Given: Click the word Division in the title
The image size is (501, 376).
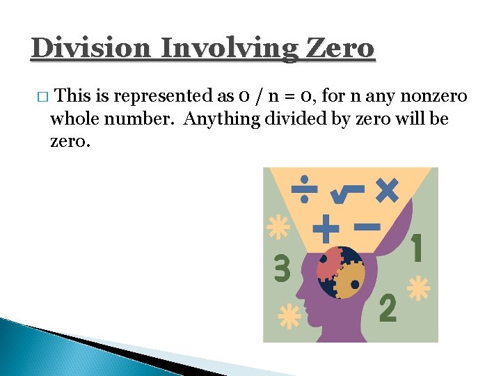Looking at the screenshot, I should [90, 49].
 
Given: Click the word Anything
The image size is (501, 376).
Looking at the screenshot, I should [222, 119].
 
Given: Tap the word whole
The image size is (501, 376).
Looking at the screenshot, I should [75, 119].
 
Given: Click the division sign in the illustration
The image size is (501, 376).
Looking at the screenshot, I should [305, 190].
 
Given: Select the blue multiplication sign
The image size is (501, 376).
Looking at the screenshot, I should [386, 189].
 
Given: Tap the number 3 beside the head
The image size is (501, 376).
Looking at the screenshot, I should [281, 268].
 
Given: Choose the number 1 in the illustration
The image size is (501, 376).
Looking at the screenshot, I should [417, 248].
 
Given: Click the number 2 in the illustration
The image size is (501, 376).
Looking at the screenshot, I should [388, 308].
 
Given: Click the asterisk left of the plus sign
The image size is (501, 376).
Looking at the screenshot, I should [279, 227].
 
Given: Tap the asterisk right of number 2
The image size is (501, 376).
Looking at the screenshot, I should [417, 288].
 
